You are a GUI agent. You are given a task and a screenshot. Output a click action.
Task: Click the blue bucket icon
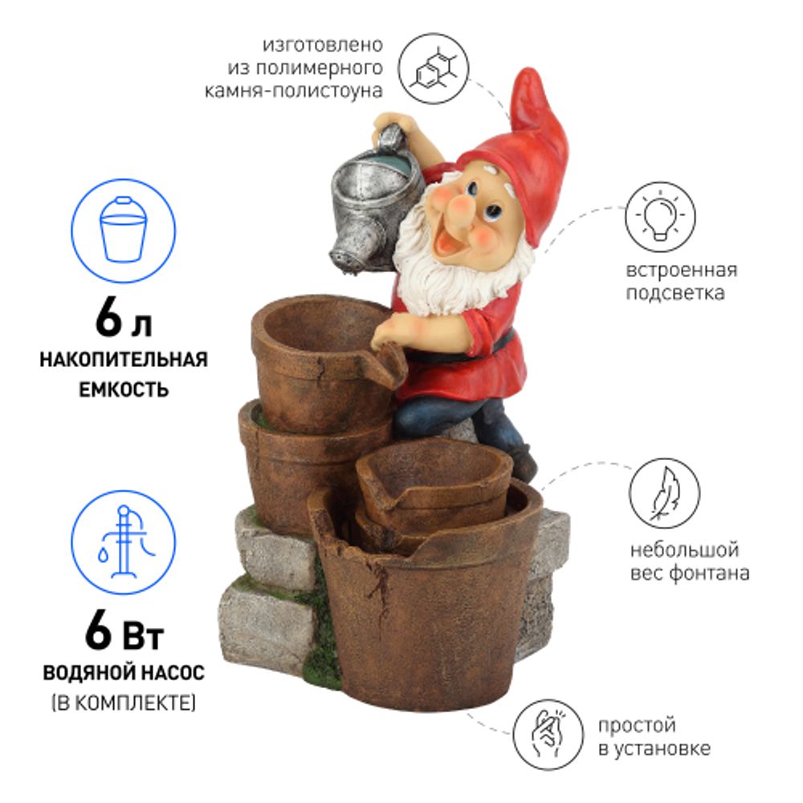pyautogui.click(x=124, y=230)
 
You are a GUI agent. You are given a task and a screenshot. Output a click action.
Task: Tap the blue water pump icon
pyautogui.click(x=124, y=542)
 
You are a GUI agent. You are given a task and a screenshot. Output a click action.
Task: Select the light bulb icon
pyautogui.click(x=659, y=218)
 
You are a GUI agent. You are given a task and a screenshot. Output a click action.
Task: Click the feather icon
pyautogui.click(x=664, y=494)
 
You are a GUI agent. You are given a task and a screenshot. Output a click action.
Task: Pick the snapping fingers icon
pyautogui.click(x=548, y=735)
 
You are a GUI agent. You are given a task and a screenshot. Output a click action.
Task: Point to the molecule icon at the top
pyautogui.click(x=434, y=68)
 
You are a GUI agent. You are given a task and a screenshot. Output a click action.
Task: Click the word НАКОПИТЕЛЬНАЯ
pyautogui.click(x=124, y=360)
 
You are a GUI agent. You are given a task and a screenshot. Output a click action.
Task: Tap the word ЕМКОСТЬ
pyautogui.click(x=124, y=389)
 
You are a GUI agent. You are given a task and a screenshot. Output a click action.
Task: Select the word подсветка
pyautogui.click(x=675, y=293)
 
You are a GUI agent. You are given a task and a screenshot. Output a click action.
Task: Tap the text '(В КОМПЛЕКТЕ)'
pyautogui.click(x=124, y=703)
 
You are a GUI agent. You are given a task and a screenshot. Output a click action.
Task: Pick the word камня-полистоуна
pyautogui.click(x=293, y=92)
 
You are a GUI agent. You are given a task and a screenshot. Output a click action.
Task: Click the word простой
pyautogui.click(x=637, y=726)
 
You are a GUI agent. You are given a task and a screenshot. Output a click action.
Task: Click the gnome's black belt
pyautogui.click(x=499, y=342)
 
